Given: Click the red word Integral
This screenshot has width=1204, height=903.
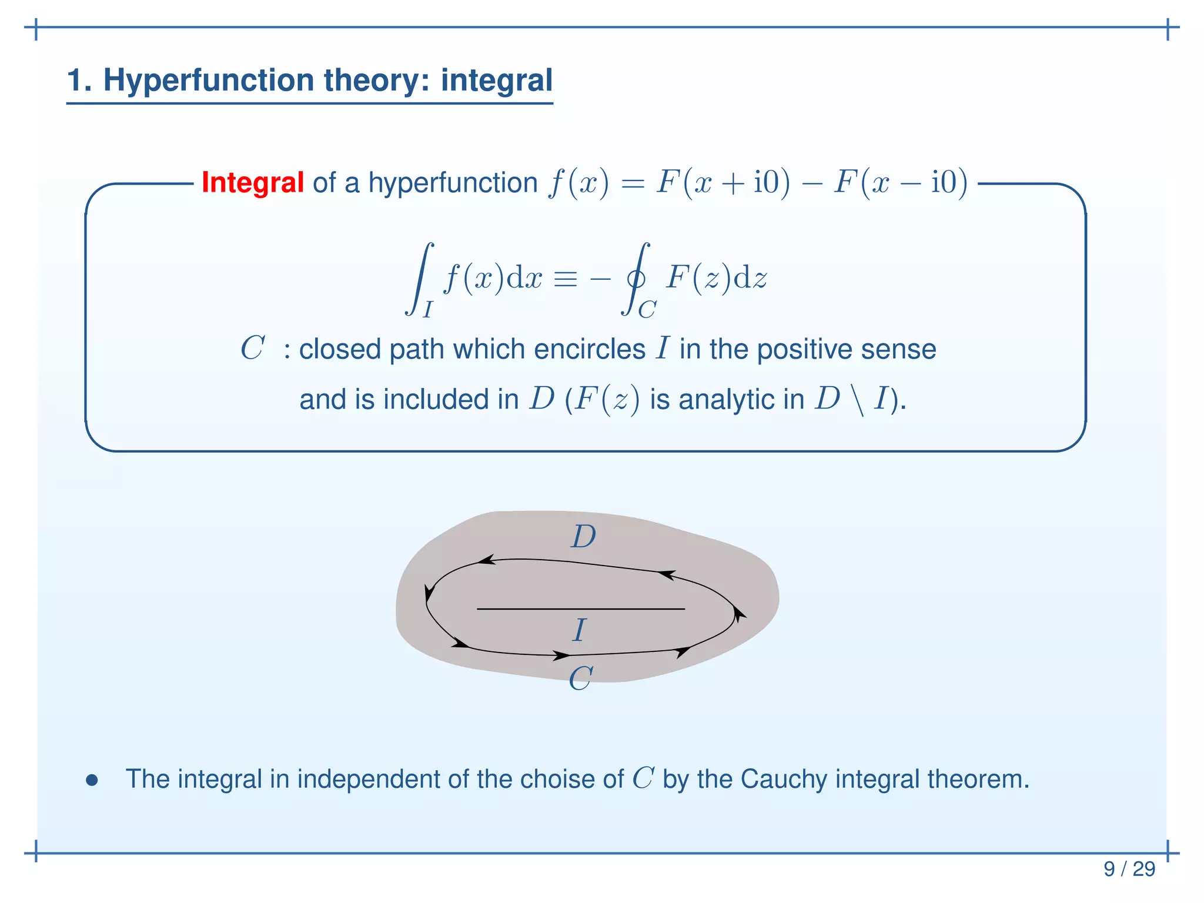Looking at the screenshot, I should point(252,182).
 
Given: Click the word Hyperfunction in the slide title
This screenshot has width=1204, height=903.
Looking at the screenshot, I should point(209,80).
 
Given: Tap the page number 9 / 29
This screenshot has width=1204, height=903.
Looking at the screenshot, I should point(1129,869).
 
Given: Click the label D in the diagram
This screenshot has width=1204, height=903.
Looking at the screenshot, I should point(583,537).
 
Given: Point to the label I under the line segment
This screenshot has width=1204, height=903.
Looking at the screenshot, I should point(580,630).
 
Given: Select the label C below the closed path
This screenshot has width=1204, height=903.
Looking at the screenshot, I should point(580,679).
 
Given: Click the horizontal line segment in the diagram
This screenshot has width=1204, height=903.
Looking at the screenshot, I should point(581,609).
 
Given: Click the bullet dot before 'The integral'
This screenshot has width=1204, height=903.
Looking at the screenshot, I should point(91,781).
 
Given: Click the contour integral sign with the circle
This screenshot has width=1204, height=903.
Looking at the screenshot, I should point(636,278).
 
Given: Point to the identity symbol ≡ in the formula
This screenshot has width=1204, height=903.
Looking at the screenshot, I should point(565,278).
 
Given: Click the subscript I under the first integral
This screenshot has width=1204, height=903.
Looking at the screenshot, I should point(427,309).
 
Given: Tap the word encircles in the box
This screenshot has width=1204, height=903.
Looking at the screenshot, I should point(590,349).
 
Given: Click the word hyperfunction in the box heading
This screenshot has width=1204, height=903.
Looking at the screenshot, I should point(453,183).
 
